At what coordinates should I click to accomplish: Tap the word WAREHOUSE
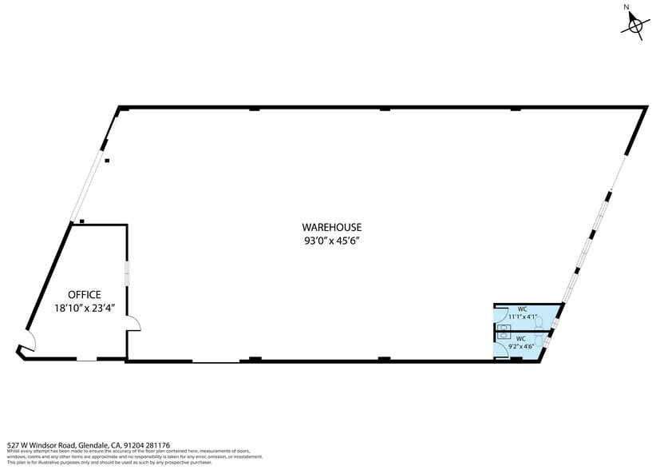[x=331, y=226]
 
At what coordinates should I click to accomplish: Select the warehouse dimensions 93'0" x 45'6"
[x=331, y=240]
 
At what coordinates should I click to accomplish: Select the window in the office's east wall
[x=126, y=273]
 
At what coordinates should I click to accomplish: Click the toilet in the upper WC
[x=539, y=322]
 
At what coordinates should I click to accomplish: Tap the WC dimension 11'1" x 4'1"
[x=523, y=317]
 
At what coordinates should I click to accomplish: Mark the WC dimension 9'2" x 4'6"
[x=522, y=347]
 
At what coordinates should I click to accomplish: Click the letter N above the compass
[x=627, y=7]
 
